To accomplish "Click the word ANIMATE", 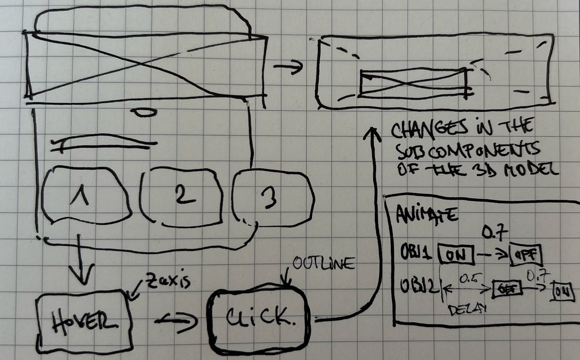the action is point(427,215).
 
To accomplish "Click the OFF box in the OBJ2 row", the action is point(507,288).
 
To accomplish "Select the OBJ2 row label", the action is point(416,287).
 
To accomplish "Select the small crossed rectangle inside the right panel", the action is point(413,82).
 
